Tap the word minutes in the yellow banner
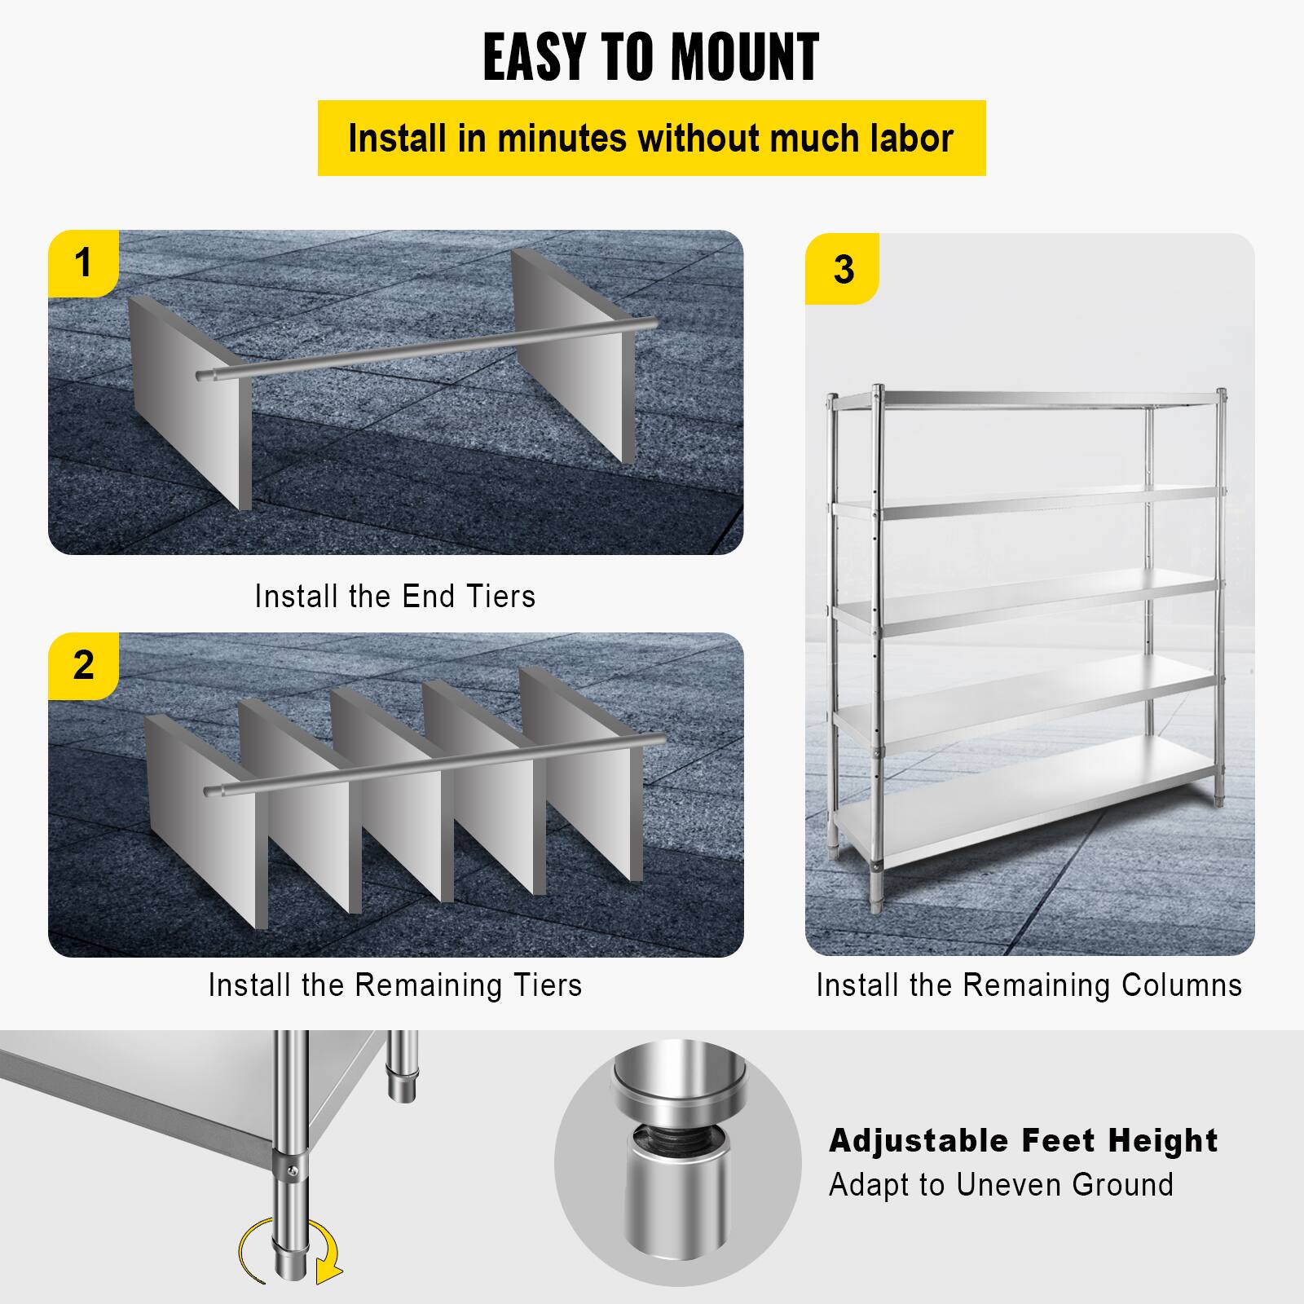coord(562,138)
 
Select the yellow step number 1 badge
coord(83,262)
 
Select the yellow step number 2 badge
coord(83,665)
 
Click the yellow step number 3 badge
coord(843,269)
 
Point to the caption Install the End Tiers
coord(395,597)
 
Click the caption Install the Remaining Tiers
coord(395,985)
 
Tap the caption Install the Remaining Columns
coord(1029,985)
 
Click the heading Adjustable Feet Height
coord(1023,1141)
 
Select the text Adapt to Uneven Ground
coord(1001,1184)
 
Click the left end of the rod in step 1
coord(204,375)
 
